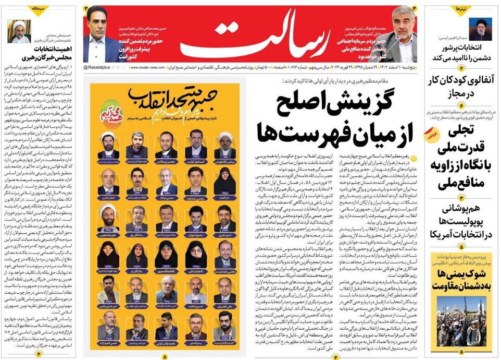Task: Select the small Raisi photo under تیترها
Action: point(480,29)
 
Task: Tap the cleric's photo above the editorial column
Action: point(20,32)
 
